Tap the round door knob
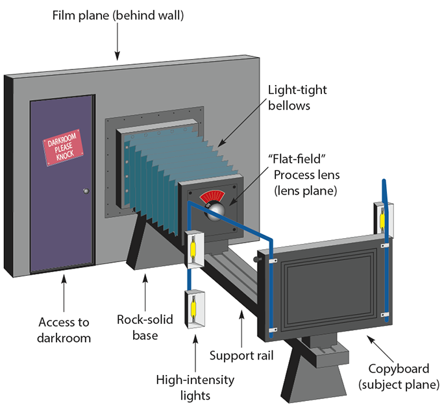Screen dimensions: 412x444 (85, 191)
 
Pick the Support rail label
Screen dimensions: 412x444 (241, 356)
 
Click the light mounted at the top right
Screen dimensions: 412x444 (382, 217)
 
